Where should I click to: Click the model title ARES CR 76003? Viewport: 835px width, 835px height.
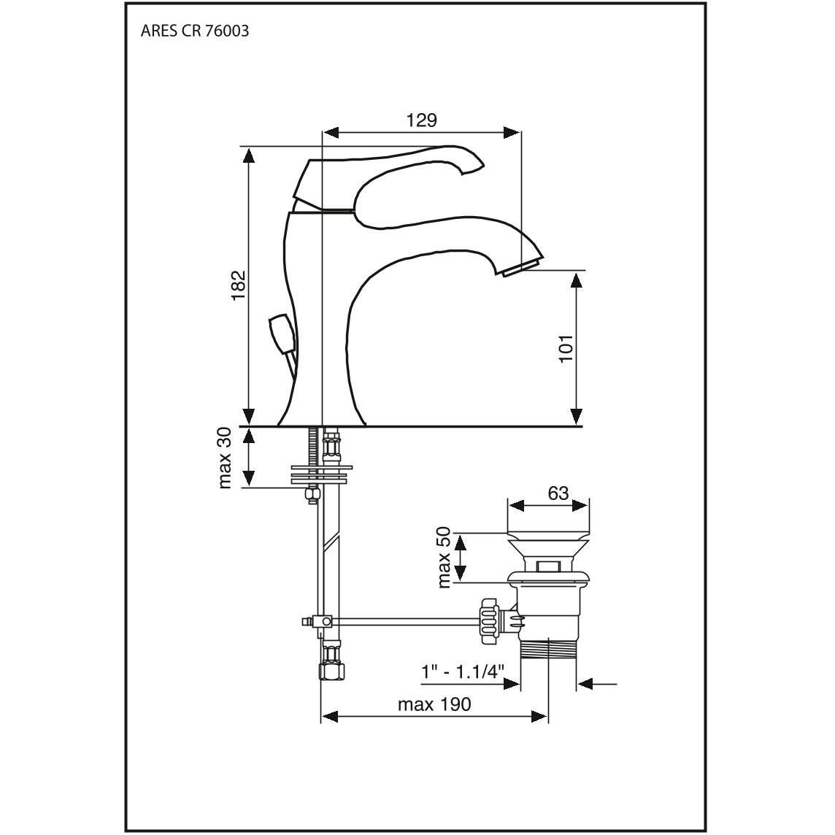tap(194, 31)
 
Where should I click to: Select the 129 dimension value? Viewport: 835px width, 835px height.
tap(422, 120)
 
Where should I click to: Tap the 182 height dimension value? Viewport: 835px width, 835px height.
tap(238, 285)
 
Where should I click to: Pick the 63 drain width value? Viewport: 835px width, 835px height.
tap(558, 493)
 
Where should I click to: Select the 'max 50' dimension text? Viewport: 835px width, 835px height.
tap(444, 557)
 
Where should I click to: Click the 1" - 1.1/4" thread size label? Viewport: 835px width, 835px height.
tap(463, 672)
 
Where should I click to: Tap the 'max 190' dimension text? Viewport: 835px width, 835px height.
tap(434, 704)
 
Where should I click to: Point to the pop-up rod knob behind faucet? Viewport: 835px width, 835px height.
tap(282, 334)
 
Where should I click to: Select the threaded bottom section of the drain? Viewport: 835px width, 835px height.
tap(548, 649)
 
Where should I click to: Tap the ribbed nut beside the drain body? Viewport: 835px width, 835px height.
tap(489, 621)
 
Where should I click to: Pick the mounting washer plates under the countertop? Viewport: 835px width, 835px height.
tap(321, 474)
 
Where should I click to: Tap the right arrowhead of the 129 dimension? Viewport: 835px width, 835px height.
tap(512, 133)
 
